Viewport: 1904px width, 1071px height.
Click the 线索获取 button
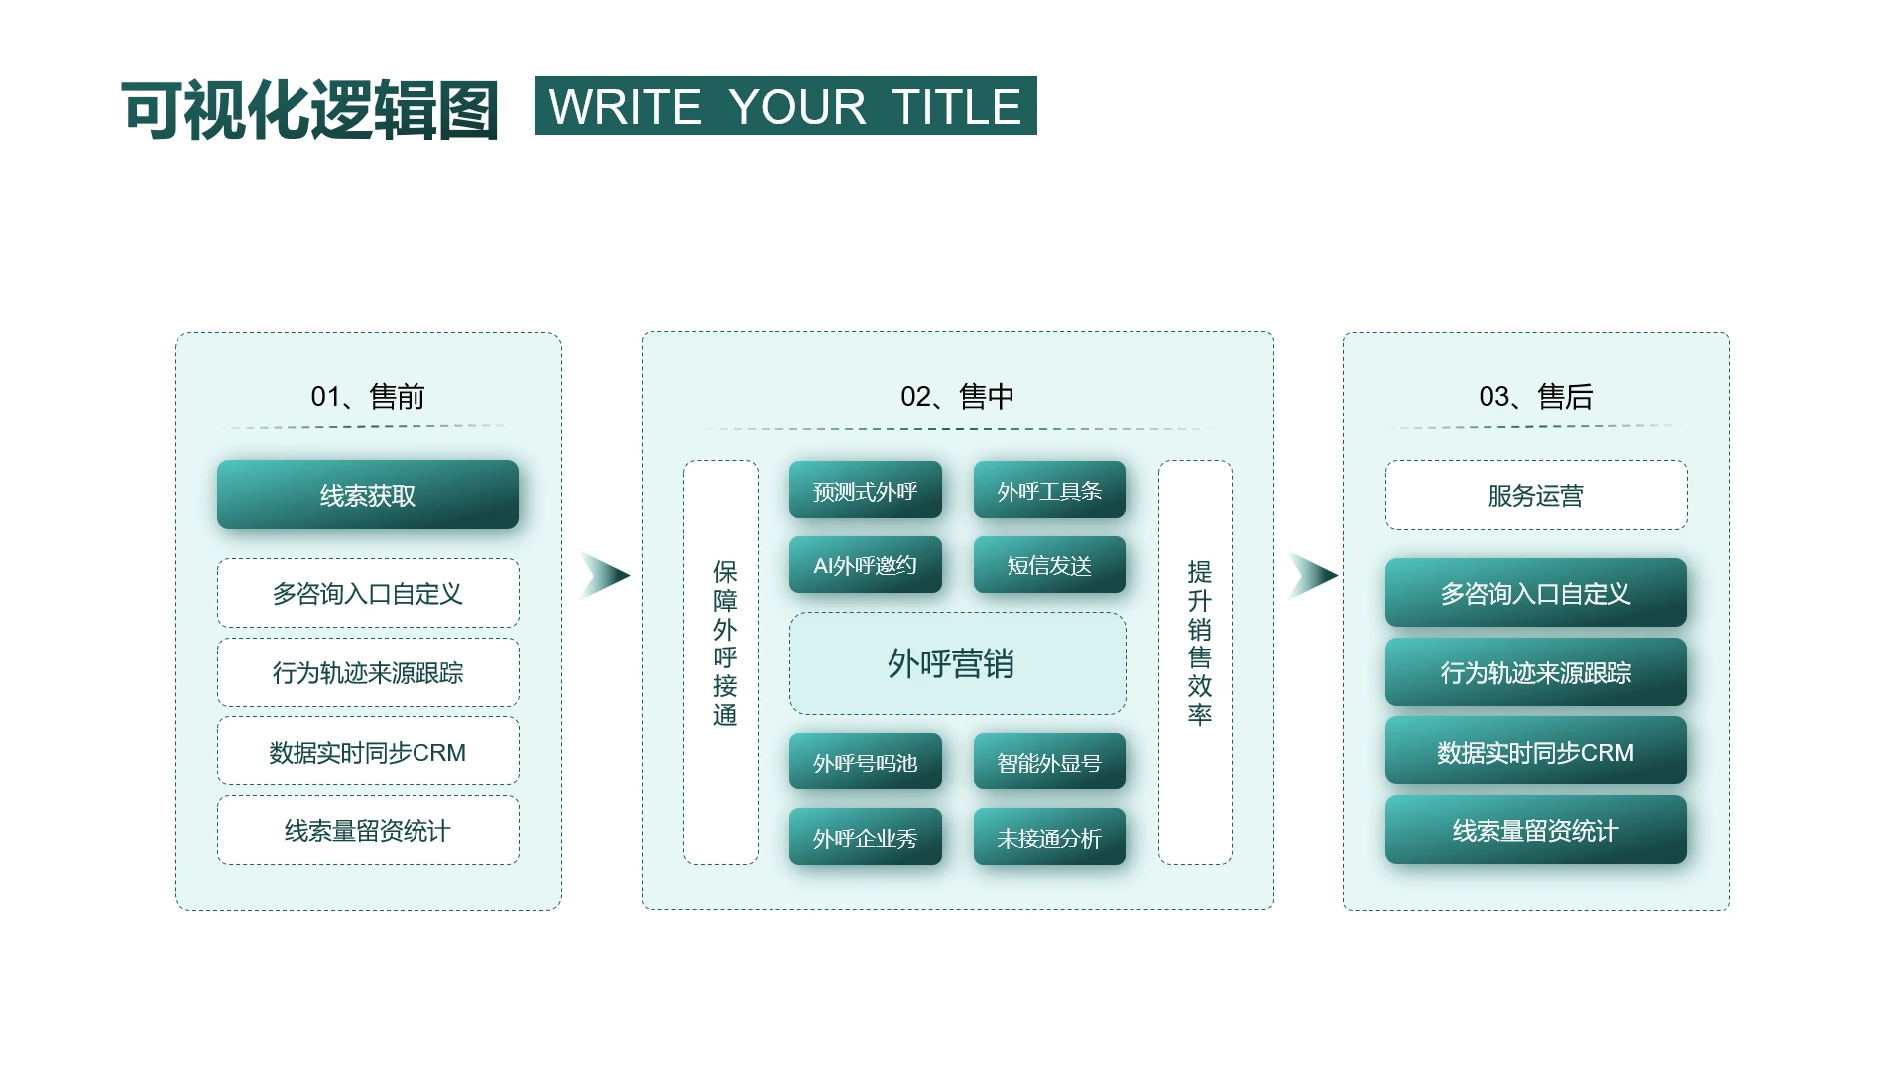368,494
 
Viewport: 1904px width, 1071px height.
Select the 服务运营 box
1536,495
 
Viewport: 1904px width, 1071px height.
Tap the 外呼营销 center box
957,663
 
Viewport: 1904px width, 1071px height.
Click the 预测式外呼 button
866,490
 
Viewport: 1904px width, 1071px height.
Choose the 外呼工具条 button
1049,490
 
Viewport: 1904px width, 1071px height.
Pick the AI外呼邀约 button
866,565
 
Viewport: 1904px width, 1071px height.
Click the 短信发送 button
1049,565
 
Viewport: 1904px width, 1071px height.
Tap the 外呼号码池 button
866,762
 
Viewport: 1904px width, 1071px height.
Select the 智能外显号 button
1049,762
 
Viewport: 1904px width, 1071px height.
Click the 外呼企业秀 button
866,837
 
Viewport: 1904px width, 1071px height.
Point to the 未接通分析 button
1049,837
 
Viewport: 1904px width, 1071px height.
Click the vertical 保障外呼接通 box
721,662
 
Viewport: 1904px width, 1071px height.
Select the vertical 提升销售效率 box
1195,662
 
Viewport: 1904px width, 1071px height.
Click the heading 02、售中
957,397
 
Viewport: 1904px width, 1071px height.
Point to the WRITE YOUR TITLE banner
785,105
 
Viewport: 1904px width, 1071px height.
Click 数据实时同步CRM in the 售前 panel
368,752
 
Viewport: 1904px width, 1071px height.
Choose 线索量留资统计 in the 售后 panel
1536,830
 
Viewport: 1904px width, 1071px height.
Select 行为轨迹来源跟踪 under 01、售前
368,672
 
